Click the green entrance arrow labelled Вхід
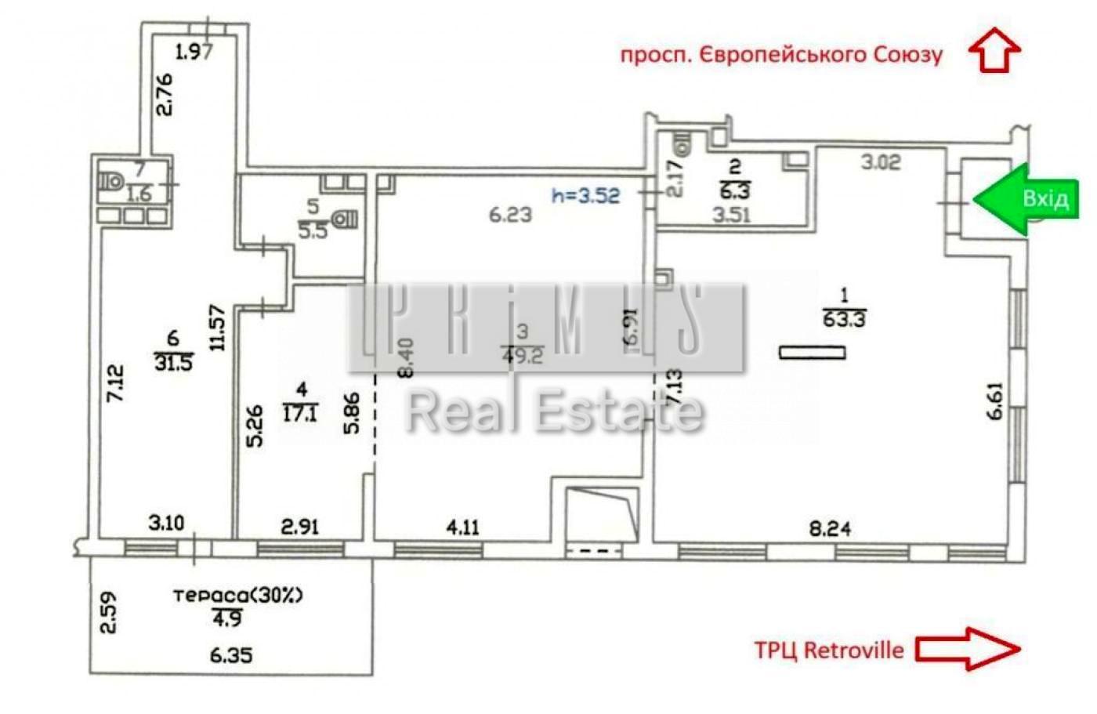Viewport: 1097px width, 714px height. coord(1026,199)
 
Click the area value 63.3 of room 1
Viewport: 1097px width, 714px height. coord(844,319)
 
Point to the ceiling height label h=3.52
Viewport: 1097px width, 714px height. coord(585,194)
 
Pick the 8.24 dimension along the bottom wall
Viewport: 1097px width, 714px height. coord(830,528)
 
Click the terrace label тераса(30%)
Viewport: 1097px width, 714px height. coord(238,595)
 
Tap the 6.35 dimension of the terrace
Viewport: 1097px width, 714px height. coord(231,654)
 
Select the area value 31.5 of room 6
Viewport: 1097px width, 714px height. coord(173,363)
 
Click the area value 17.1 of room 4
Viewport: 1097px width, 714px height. coord(300,413)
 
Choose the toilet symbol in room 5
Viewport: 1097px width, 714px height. coord(346,219)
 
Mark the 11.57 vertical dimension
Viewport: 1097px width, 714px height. coord(218,327)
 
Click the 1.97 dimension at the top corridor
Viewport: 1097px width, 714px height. coord(194,53)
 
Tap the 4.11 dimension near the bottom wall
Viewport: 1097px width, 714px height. coord(462,527)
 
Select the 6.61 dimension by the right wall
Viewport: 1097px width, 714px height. coord(994,401)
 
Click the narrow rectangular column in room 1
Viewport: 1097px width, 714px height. coord(813,353)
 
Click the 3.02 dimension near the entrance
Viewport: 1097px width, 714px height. coord(881,162)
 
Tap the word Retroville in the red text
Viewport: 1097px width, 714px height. coord(854,650)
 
